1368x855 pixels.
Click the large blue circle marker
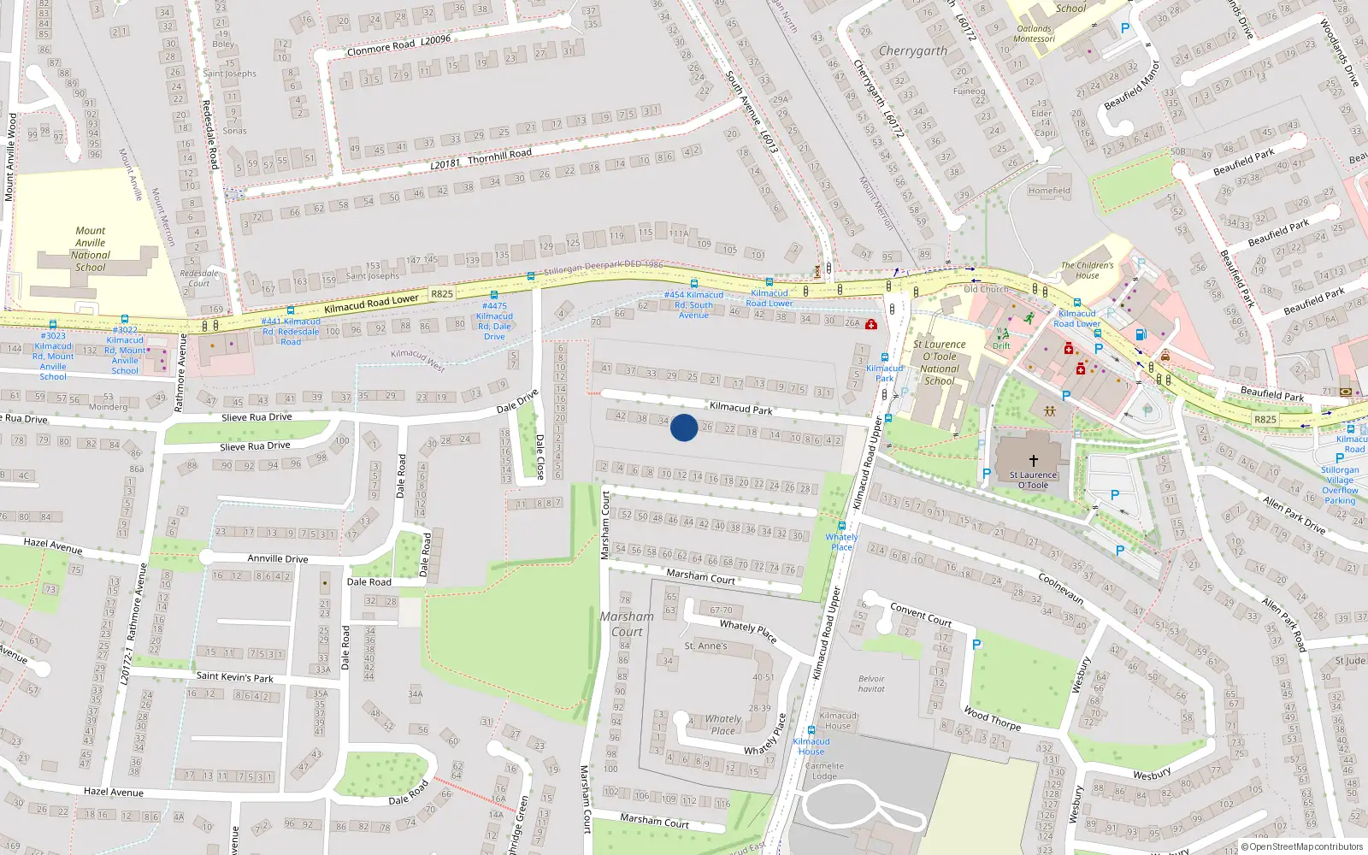[x=684, y=427]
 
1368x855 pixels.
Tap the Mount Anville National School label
[x=91, y=249]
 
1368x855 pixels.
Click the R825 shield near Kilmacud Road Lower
[x=441, y=294]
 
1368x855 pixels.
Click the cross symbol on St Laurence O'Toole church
[x=1033, y=460]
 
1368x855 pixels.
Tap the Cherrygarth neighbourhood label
[x=913, y=51]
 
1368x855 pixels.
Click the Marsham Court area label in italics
[x=627, y=624]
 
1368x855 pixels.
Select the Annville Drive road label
[x=278, y=559]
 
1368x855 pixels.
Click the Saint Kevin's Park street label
[x=235, y=677]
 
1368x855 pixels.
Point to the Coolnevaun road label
[x=1061, y=588]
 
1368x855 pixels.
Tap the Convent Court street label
[x=921, y=614]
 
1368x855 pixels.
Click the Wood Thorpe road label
[x=992, y=718]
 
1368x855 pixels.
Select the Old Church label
[x=986, y=289]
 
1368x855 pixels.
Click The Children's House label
[x=1088, y=270]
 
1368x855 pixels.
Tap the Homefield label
[x=1049, y=191]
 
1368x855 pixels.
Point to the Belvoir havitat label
[x=871, y=684]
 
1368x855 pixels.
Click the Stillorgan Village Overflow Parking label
[x=1340, y=485]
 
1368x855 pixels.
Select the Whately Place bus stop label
[x=841, y=542]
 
